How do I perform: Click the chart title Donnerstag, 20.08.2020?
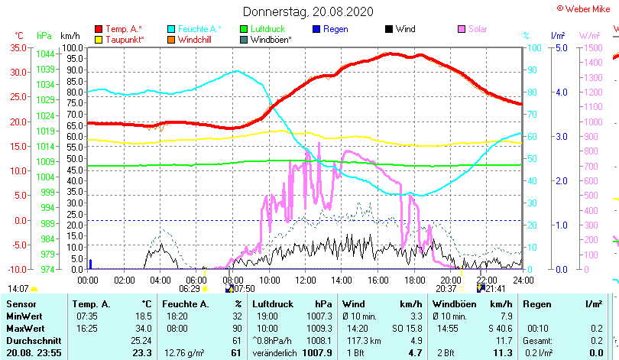click(x=308, y=11)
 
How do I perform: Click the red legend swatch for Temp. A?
click(x=99, y=29)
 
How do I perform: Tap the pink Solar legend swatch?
click(x=462, y=29)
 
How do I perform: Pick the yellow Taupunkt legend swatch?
click(x=99, y=39)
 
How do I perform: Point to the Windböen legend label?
click(x=271, y=39)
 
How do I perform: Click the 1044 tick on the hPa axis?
click(x=45, y=54)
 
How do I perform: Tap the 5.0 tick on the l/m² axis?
click(x=558, y=47)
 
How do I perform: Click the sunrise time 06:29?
click(x=189, y=289)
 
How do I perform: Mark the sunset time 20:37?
click(x=446, y=289)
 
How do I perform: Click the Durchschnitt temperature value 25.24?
click(x=141, y=340)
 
